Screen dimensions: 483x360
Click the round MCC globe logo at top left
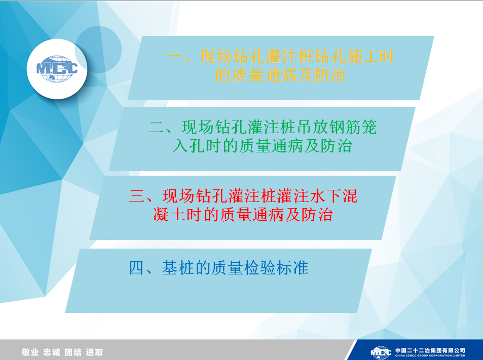click(57, 69)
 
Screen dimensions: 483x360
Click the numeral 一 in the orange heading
click(175, 57)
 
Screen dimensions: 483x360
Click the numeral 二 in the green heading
click(157, 128)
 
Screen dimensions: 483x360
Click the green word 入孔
click(189, 146)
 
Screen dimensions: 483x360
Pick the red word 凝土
click(169, 215)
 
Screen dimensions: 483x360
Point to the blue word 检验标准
click(276, 268)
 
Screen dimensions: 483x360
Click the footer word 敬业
click(30, 352)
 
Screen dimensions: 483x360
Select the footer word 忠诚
click(51, 352)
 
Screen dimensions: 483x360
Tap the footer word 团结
click(73, 352)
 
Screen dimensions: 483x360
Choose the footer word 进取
click(94, 352)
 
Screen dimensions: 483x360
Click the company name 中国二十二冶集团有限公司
click(430, 350)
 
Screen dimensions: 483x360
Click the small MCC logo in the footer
click(381, 352)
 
